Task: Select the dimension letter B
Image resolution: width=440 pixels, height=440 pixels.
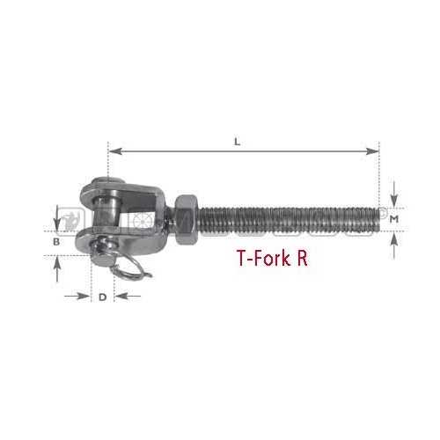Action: [x=56, y=240]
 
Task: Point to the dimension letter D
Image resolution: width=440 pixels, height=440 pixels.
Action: [x=102, y=297]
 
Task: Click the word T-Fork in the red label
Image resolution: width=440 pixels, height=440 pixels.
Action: [x=263, y=260]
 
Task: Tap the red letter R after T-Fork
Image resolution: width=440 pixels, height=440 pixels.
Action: [x=303, y=260]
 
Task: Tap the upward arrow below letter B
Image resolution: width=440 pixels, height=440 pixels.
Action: [x=58, y=268]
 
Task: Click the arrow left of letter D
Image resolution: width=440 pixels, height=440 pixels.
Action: [x=79, y=296]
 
